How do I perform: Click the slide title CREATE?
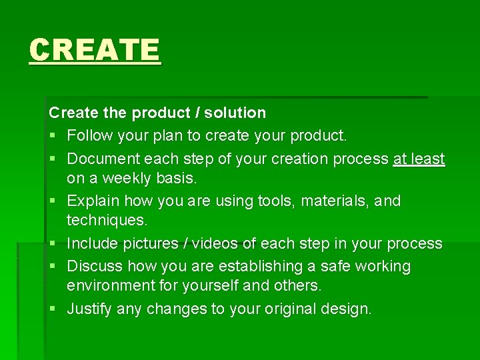point(95,50)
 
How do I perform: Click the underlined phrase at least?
point(419,159)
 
